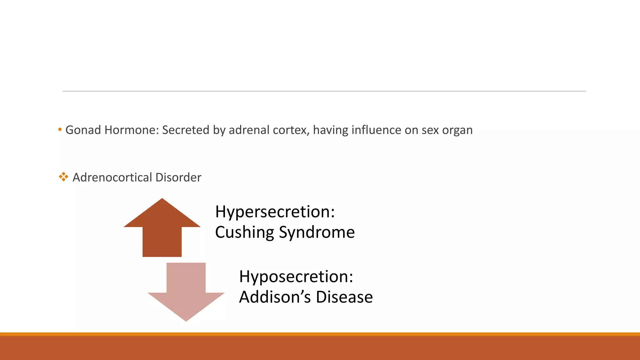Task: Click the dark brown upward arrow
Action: [x=162, y=231]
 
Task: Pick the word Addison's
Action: [x=275, y=297]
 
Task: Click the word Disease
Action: [x=344, y=297]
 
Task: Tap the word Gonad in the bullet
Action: [x=83, y=130]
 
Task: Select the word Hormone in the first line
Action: [x=132, y=130]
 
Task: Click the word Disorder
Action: [x=178, y=177]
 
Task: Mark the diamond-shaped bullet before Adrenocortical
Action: [x=63, y=177]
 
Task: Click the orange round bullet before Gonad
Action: [x=60, y=129]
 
